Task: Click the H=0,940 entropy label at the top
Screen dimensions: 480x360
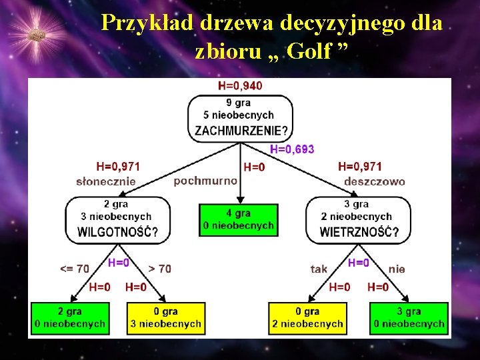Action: (240, 85)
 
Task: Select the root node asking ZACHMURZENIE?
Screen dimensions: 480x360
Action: (240, 117)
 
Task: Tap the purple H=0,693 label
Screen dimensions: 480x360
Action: (292, 149)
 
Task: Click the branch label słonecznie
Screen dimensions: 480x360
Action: (106, 181)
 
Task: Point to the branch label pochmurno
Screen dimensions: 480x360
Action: (205, 181)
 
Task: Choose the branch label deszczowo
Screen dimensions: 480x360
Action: (374, 181)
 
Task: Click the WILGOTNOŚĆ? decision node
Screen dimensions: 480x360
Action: (117, 219)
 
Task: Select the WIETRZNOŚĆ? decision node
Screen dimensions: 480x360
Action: (359, 219)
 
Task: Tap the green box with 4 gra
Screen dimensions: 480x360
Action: (239, 219)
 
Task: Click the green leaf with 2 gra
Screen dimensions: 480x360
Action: (70, 318)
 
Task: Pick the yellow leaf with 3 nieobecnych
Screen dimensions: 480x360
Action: (165, 318)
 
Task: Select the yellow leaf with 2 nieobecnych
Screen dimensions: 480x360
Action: (307, 318)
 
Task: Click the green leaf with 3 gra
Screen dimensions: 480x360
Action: (409, 318)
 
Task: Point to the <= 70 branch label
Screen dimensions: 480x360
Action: (75, 269)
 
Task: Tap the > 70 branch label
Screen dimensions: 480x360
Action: (159, 269)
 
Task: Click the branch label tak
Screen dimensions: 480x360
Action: (319, 269)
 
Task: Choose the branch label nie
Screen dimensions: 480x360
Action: (397, 269)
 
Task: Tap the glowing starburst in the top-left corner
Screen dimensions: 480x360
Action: (37, 33)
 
